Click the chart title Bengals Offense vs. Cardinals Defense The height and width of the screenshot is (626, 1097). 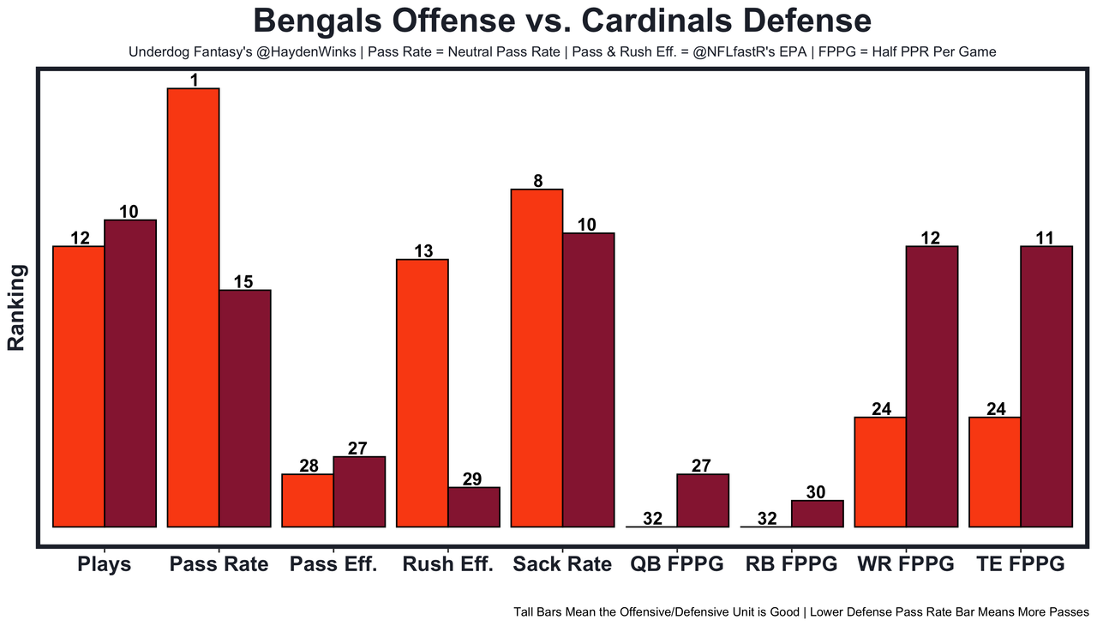click(x=562, y=21)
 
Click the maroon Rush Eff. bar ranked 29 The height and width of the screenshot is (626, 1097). click(x=474, y=507)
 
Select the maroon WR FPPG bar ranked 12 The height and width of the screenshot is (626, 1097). click(x=932, y=386)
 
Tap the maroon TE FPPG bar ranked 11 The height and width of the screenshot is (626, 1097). click(x=1046, y=386)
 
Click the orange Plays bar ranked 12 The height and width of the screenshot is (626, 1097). click(x=79, y=386)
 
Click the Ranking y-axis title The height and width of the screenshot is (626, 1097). click(x=16, y=307)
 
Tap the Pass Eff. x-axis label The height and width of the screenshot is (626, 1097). click(x=333, y=564)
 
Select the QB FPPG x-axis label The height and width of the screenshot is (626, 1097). click(x=676, y=564)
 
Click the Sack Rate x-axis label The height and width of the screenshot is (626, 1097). click(x=562, y=564)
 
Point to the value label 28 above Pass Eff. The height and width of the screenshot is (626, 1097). click(x=309, y=466)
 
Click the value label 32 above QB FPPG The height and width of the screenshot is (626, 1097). click(x=652, y=518)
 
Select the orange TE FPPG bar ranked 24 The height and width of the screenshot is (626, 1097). click(x=994, y=472)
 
